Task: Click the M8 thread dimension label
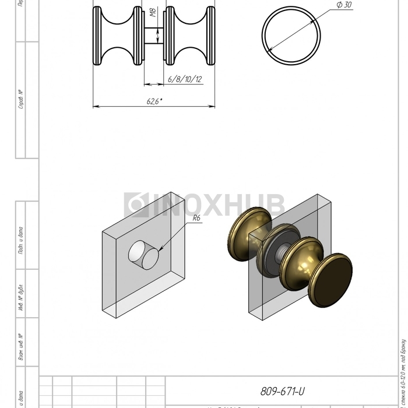(x=153, y=12)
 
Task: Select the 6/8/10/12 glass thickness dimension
(x=184, y=79)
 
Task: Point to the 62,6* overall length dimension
(x=154, y=101)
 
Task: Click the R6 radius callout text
(x=196, y=218)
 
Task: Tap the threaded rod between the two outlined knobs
(x=154, y=36)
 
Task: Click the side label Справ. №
(x=21, y=100)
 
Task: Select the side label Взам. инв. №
(x=21, y=347)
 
